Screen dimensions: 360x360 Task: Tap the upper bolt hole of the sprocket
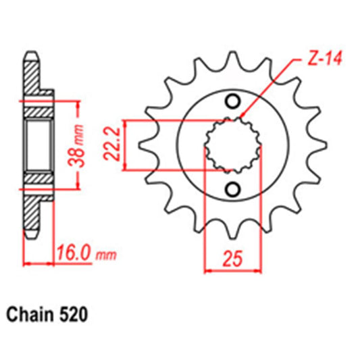tap(232, 101)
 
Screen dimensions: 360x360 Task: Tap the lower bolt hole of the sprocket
tap(232, 188)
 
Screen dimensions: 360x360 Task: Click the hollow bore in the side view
tap(40, 144)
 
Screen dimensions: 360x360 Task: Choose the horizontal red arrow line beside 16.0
tap(39, 262)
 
